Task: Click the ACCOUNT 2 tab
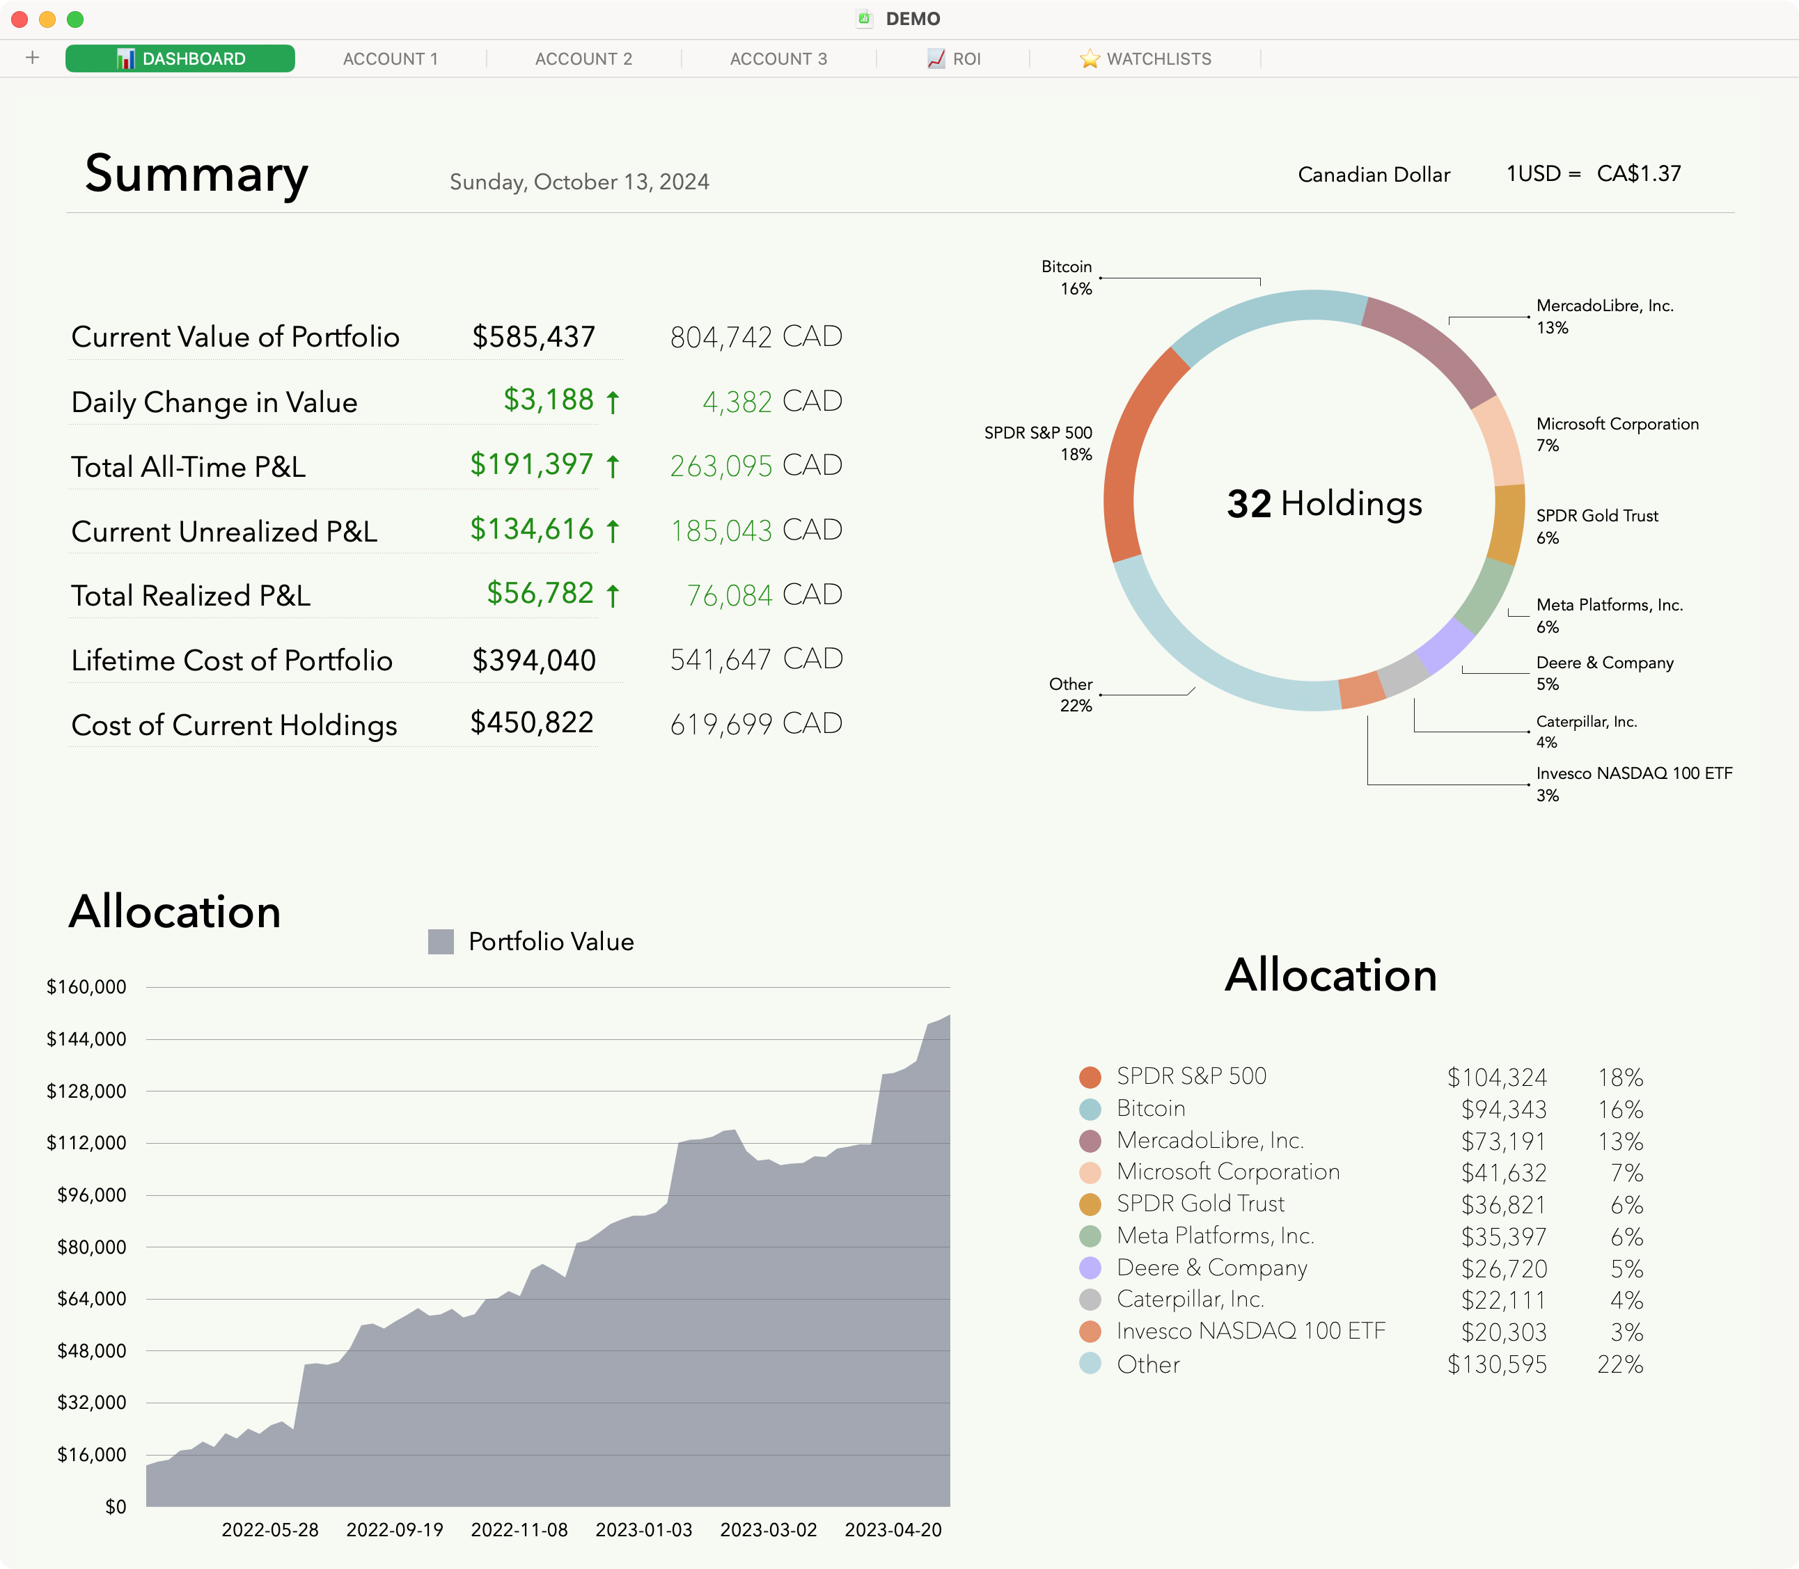pyautogui.click(x=583, y=58)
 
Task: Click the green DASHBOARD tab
pyautogui.click(x=180, y=58)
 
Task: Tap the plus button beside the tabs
pyautogui.click(x=33, y=58)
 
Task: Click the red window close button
pyautogui.click(x=19, y=19)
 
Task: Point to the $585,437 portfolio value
pyautogui.click(x=533, y=337)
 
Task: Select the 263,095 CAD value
pyautogui.click(x=755, y=466)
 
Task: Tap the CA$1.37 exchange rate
pyautogui.click(x=1638, y=173)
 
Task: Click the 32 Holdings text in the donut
pyautogui.click(x=1323, y=503)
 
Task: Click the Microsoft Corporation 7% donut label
pyautogui.click(x=1616, y=434)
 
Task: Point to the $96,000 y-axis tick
pyautogui.click(x=91, y=1195)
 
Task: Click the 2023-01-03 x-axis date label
pyautogui.click(x=644, y=1529)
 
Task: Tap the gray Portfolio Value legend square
pyautogui.click(x=441, y=942)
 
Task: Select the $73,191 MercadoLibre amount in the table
pyautogui.click(x=1503, y=1142)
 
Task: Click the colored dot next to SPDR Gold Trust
pyautogui.click(x=1090, y=1205)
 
